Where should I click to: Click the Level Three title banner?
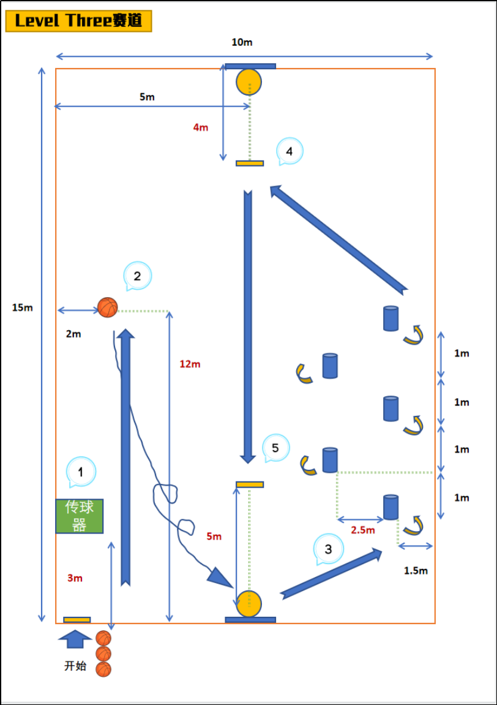coord(78,21)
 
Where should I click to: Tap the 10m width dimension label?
coord(242,42)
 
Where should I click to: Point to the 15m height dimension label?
coord(23,307)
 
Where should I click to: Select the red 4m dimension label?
coord(200,127)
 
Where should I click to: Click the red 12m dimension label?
coord(190,364)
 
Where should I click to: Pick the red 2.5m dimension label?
coord(362,530)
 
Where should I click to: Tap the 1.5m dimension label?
coord(416,571)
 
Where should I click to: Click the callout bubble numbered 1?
coord(81,472)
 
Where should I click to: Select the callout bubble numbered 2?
coord(138,276)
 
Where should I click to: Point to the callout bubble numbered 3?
coord(329,549)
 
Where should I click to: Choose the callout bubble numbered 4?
coord(290,151)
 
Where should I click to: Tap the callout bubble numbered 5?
coord(275,448)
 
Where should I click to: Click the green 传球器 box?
coord(80,516)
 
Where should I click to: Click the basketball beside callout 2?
coord(107,307)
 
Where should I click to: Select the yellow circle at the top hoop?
coord(249,82)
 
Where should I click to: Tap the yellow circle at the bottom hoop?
coord(249,604)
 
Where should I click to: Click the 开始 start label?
coord(75,665)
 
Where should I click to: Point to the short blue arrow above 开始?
coord(75,639)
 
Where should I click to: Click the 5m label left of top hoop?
coord(147,97)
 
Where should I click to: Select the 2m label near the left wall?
coord(73,334)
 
